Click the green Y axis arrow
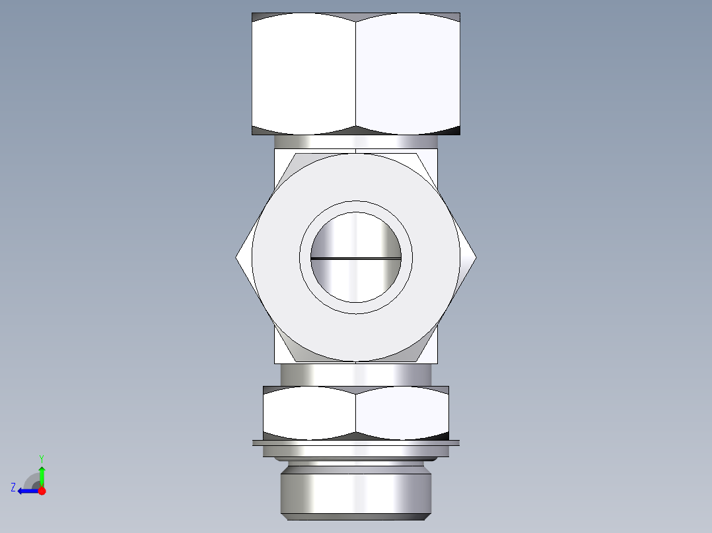tap(42, 474)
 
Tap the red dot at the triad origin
tap(42, 491)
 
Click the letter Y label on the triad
tap(41, 457)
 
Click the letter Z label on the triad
tap(13, 487)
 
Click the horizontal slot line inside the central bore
tap(356, 258)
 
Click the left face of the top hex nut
tap(304, 73)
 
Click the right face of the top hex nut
tap(408, 73)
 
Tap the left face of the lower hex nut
tap(309, 412)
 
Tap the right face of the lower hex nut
tap(403, 412)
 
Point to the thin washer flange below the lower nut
tap(356, 443)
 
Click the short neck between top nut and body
tap(356, 142)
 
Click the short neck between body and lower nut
tap(356, 375)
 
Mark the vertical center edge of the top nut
tap(356, 73)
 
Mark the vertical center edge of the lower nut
tap(356, 412)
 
